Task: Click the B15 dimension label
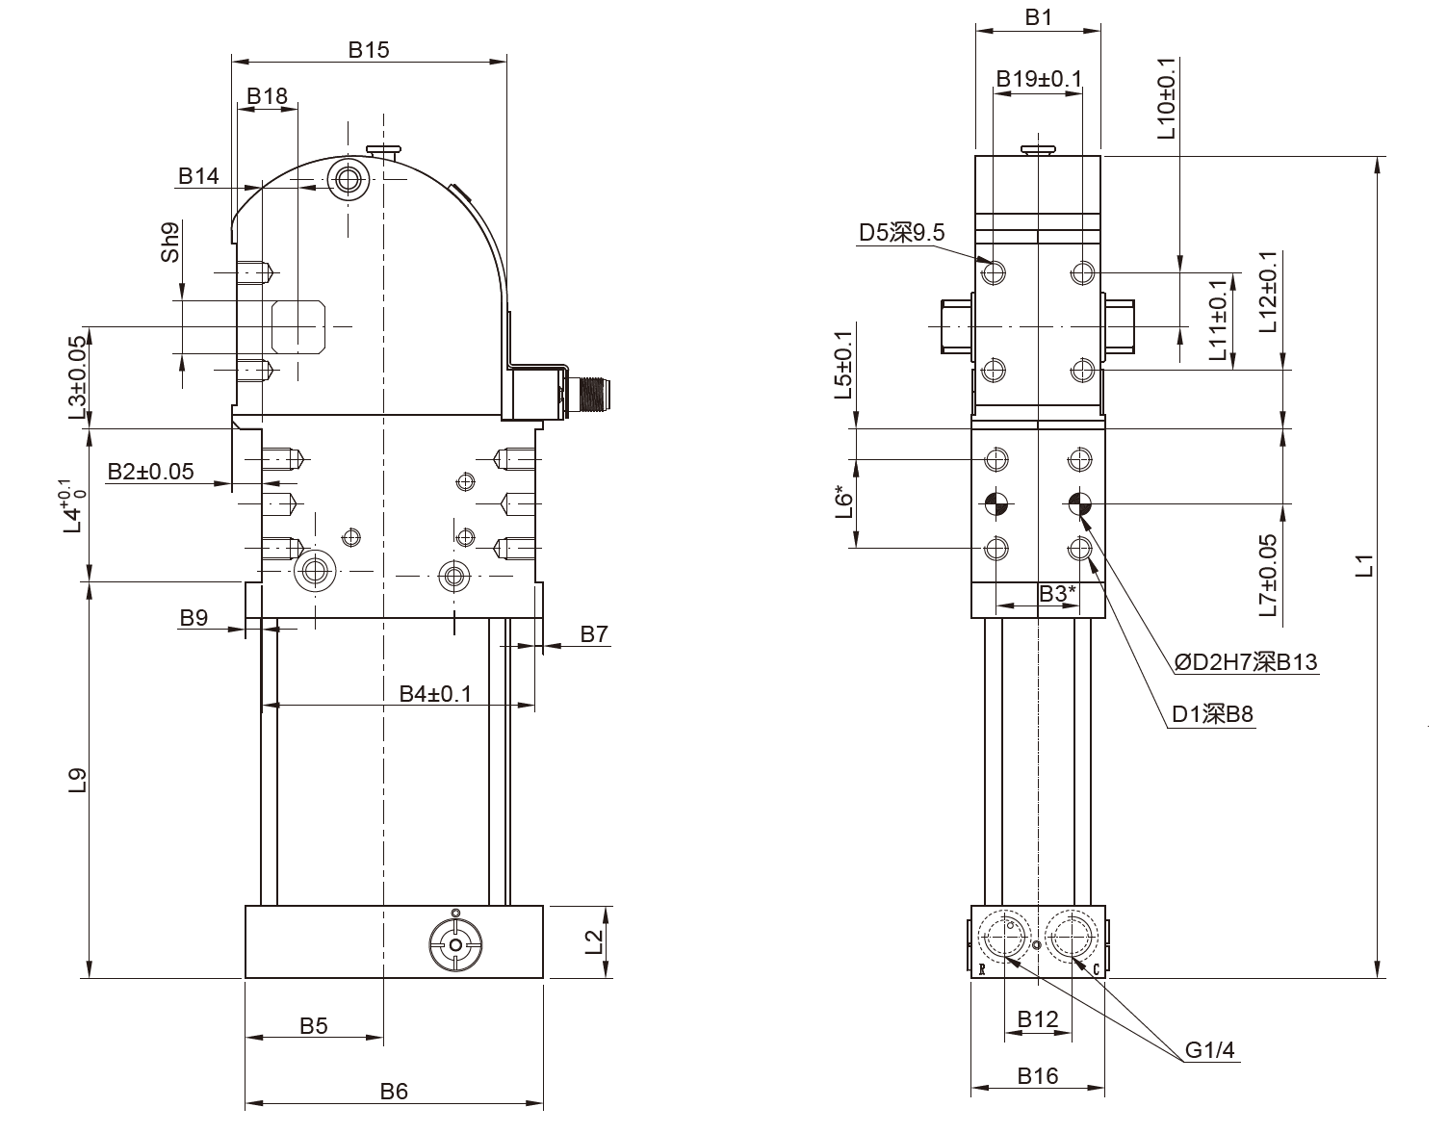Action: click(369, 49)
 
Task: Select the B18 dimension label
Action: click(268, 96)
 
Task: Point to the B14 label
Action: click(198, 176)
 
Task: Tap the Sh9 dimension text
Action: click(170, 242)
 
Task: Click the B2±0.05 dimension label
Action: click(150, 472)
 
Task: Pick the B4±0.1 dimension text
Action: click(435, 694)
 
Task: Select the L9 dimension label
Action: click(78, 781)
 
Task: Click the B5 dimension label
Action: click(313, 1026)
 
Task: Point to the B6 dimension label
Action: click(394, 1092)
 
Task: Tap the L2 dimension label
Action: click(594, 941)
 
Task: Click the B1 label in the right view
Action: click(1038, 17)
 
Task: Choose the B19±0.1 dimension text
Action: click(1039, 79)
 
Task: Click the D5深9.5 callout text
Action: click(901, 232)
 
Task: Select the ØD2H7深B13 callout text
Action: click(1246, 662)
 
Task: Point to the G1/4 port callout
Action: click(1210, 1050)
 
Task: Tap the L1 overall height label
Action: click(1365, 565)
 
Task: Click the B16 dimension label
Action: click(1038, 1075)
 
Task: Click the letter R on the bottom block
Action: click(982, 969)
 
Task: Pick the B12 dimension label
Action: click(1038, 1019)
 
